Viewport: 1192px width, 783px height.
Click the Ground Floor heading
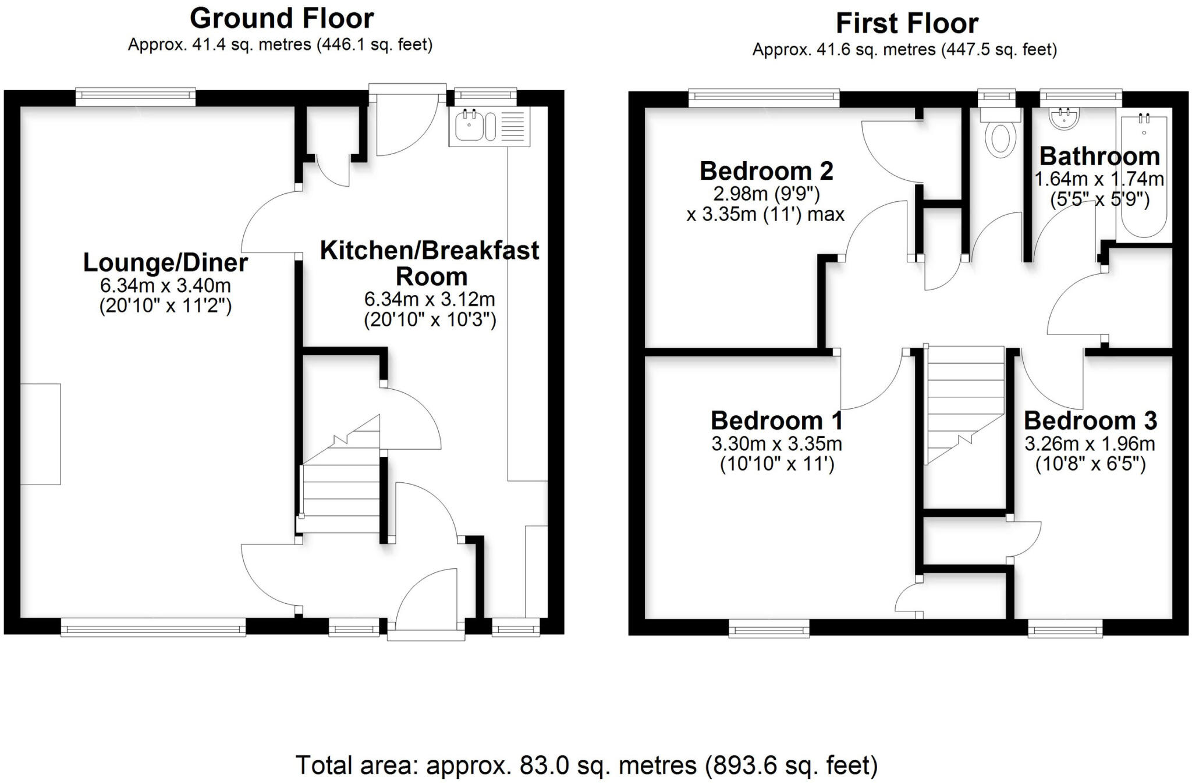pyautogui.click(x=282, y=19)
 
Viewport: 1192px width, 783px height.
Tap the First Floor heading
pyautogui.click(x=907, y=24)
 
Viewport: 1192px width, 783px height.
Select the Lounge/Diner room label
pyautogui.click(x=165, y=262)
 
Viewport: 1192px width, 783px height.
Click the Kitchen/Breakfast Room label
pyautogui.click(x=430, y=263)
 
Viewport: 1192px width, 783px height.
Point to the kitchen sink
pyautogui.click(x=470, y=126)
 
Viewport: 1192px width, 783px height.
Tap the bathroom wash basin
pyautogui.click(x=1065, y=119)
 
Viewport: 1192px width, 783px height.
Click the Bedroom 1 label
pyautogui.click(x=776, y=420)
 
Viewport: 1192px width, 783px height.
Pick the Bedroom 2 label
pyautogui.click(x=766, y=171)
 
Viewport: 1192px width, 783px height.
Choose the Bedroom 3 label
pyautogui.click(x=1090, y=420)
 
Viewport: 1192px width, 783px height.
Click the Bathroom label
pyautogui.click(x=1099, y=156)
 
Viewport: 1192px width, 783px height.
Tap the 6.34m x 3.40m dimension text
pyautogui.click(x=165, y=286)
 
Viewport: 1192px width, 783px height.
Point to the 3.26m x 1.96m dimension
pyautogui.click(x=1090, y=444)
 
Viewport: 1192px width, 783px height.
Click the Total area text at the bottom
pyautogui.click(x=586, y=765)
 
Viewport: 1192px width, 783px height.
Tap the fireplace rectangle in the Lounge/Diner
pyautogui.click(x=40, y=434)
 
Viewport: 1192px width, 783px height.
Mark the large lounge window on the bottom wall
pyautogui.click(x=153, y=628)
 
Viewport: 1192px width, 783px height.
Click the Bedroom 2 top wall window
pyautogui.click(x=764, y=98)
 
